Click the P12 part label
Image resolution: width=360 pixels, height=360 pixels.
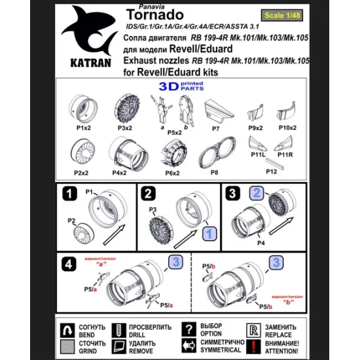coord(271,171)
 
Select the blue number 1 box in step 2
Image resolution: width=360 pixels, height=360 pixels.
coord(207,233)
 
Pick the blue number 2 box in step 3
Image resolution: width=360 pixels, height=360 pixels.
coord(257,193)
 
